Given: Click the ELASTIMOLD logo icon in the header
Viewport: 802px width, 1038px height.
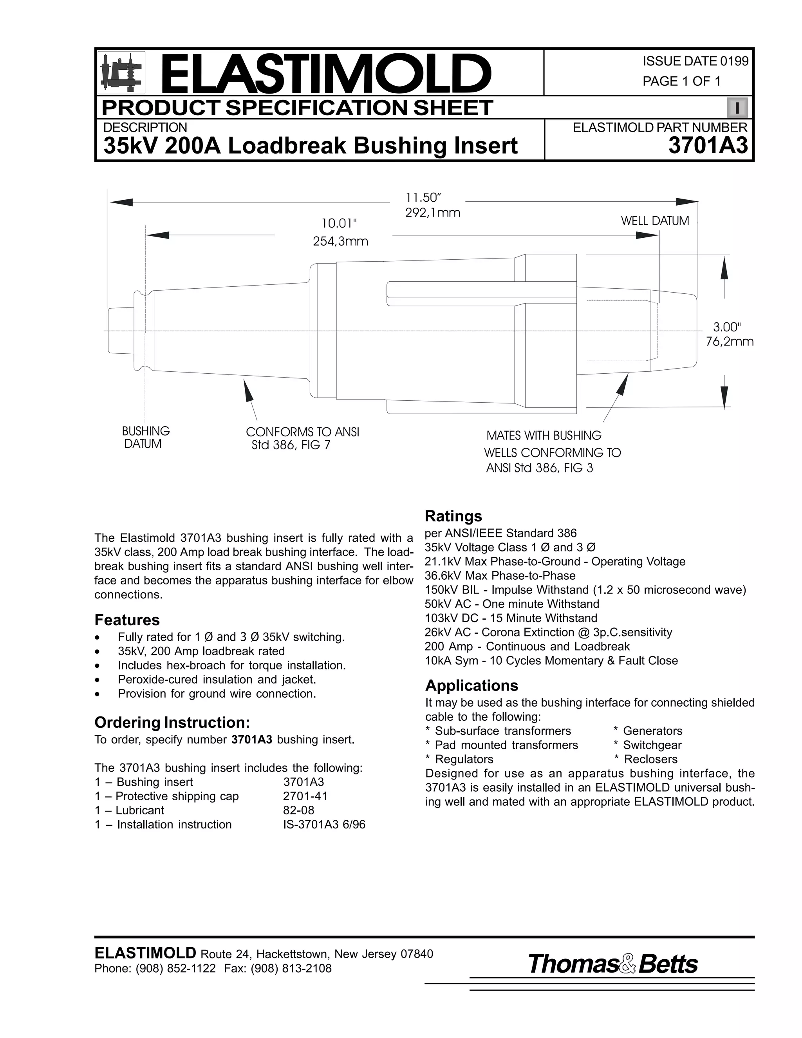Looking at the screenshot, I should coord(121,73).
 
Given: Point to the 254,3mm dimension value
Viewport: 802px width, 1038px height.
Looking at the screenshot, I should coord(340,241).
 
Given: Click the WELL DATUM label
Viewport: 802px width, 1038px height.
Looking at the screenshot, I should coord(655,221).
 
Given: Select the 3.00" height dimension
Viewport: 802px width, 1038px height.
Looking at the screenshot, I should coord(726,327).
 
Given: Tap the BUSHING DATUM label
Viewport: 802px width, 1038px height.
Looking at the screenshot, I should coord(145,437).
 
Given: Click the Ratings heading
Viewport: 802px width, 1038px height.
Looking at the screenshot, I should coord(453,516).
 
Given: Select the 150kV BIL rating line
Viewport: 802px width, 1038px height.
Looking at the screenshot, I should coord(585,590).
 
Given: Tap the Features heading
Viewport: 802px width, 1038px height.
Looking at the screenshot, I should coord(127,620).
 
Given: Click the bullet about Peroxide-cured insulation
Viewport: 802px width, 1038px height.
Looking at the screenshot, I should coord(217,680).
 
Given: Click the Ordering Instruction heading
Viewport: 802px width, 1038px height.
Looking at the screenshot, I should coord(172,722).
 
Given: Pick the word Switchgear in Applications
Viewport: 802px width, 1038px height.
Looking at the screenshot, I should coord(652,745).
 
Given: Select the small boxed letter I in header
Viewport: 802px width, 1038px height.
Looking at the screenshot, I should coord(737,108).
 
